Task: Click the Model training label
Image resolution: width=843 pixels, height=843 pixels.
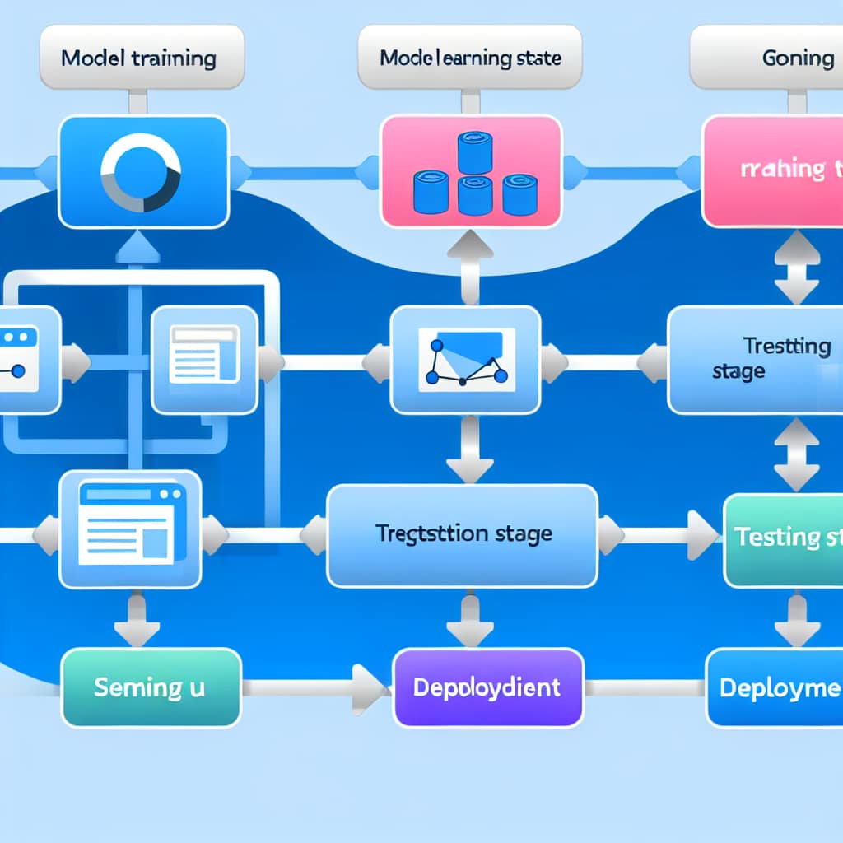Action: (x=138, y=58)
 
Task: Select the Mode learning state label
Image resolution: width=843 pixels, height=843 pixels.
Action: (x=470, y=58)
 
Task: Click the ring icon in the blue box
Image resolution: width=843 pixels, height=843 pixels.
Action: (x=139, y=174)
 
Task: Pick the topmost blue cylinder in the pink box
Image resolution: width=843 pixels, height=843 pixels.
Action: (x=475, y=153)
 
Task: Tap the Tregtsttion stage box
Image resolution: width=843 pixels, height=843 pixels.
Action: (x=463, y=534)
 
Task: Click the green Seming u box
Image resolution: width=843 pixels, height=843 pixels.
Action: (x=151, y=687)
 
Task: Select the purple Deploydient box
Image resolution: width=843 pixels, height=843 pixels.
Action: (x=486, y=687)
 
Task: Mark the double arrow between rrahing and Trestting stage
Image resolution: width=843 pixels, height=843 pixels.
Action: (x=797, y=266)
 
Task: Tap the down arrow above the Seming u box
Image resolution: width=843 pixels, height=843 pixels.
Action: (x=137, y=622)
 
